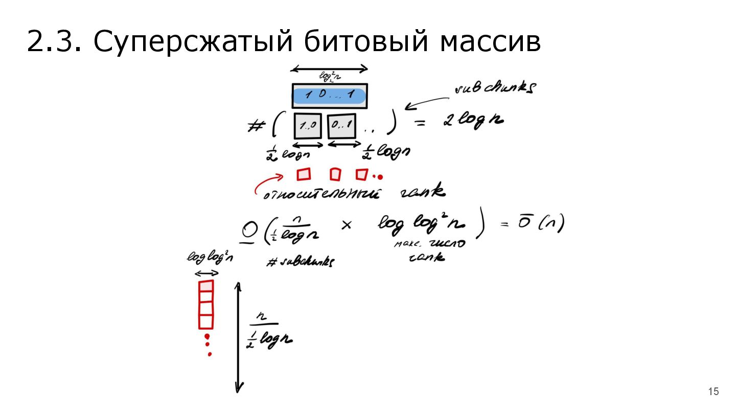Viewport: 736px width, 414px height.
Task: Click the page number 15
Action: (x=713, y=392)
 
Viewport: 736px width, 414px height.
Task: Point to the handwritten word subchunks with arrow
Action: (x=494, y=88)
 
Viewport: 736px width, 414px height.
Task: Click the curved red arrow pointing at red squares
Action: (x=267, y=182)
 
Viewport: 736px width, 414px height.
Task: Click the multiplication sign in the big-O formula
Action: (x=346, y=225)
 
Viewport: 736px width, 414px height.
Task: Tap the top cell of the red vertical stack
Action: (x=205, y=285)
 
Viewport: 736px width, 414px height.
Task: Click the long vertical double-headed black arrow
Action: (x=238, y=337)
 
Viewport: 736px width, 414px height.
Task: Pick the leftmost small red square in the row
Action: (x=304, y=174)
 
